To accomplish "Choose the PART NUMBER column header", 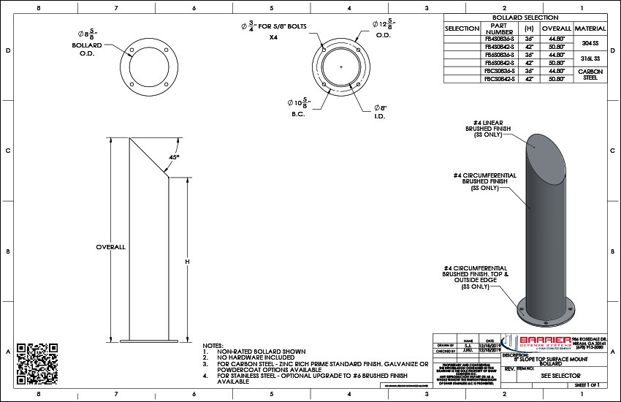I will [x=500, y=29].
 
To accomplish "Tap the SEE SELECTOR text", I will [x=560, y=373].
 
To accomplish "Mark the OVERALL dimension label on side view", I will [x=111, y=247].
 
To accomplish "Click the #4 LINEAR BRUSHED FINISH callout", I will [x=491, y=126].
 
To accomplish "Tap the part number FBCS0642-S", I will [x=500, y=78].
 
